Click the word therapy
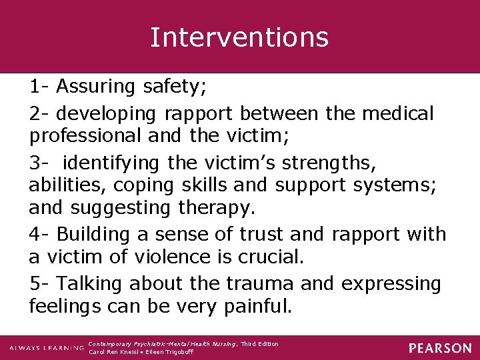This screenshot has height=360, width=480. pos(217,208)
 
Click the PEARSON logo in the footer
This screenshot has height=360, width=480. pos(440,348)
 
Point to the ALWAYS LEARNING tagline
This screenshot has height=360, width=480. pos(47,348)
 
